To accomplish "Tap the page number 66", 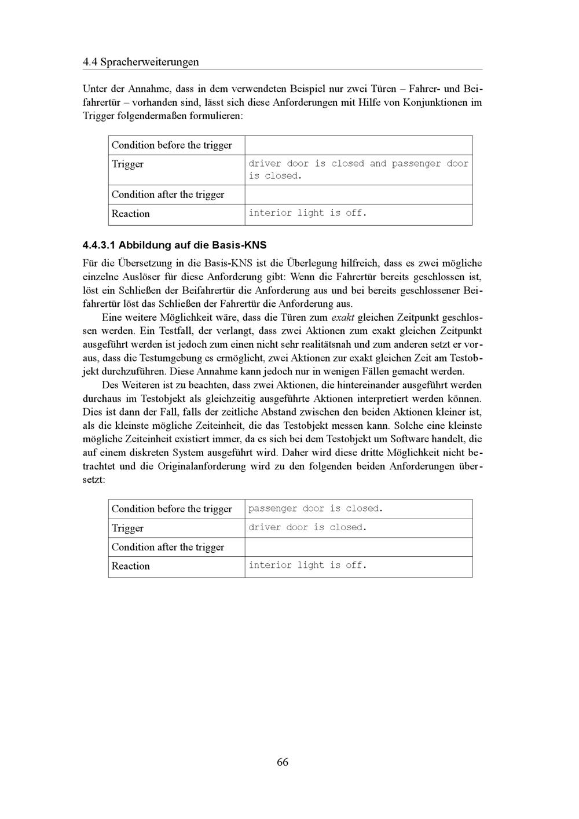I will pyautogui.click(x=283, y=762).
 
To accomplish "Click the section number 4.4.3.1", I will pyautogui.click(x=99, y=245).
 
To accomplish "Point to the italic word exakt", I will pyautogui.click(x=343, y=318).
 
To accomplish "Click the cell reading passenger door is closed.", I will pyautogui.click(x=316, y=509).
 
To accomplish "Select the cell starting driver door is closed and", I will pyautogui.click(x=358, y=170).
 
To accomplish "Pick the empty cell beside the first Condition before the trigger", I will pyautogui.click(x=358, y=145).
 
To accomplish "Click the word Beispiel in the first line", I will pyautogui.click(x=305, y=89).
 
